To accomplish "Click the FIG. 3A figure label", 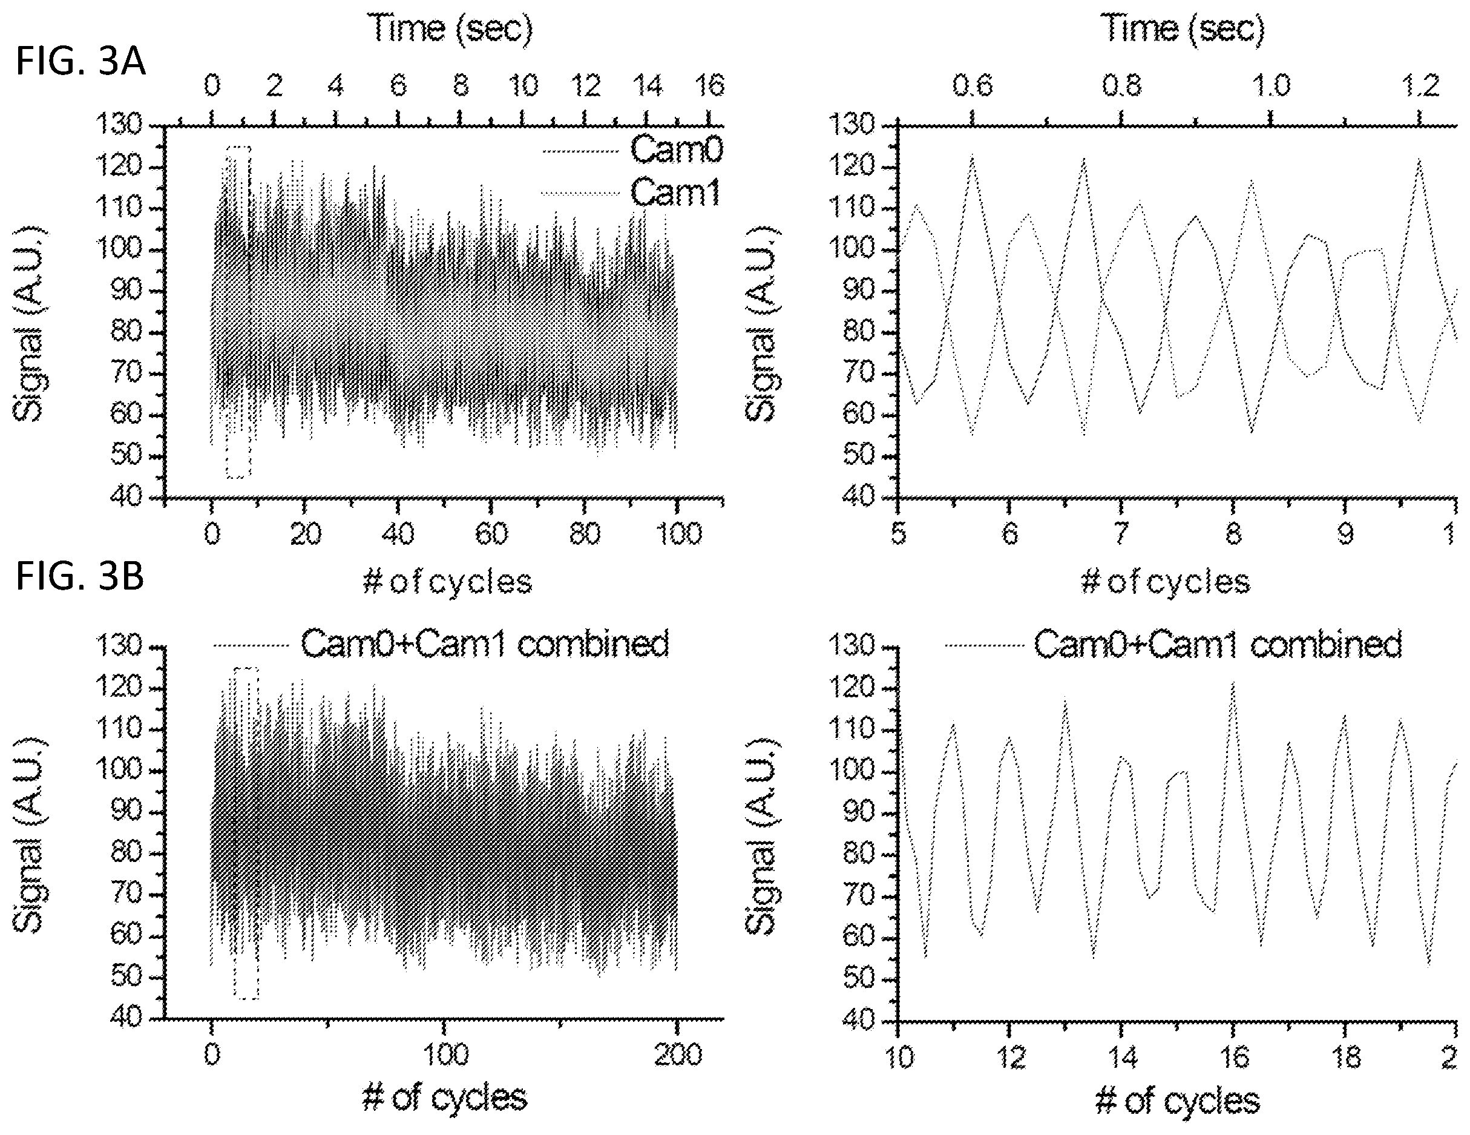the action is point(80,62).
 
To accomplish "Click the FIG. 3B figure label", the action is point(80,577).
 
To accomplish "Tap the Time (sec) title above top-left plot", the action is point(450,29).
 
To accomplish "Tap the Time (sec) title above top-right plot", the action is point(1183,29).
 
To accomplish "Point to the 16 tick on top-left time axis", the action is point(710,86).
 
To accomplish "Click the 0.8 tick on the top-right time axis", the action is point(1122,86).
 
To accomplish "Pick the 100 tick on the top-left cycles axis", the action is point(678,534).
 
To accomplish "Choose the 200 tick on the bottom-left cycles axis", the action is point(678,1054).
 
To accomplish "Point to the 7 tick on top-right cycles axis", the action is point(1121,534).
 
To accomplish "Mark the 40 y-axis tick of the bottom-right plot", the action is point(858,1020).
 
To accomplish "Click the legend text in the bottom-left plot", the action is point(485,643).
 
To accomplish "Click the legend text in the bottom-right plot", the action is point(1218,644).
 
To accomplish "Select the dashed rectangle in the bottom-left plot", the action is point(234,833).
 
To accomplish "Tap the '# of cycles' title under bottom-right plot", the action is point(1177,1101).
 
